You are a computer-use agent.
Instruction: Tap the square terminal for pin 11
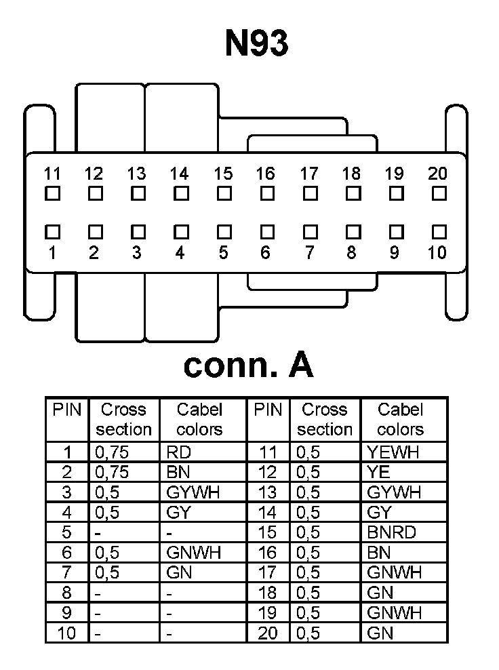(x=52, y=194)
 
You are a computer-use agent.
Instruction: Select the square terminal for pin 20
(x=439, y=194)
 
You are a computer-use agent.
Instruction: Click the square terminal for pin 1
(x=52, y=232)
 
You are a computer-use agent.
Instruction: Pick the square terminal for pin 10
(x=439, y=232)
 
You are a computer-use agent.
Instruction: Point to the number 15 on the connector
(x=223, y=174)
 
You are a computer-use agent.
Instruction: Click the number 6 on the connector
(x=265, y=253)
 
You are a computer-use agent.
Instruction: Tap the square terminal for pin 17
(x=309, y=194)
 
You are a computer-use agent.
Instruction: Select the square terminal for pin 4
(x=180, y=232)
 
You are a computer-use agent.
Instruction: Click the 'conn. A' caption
(x=248, y=365)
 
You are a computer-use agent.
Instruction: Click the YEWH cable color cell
(x=393, y=452)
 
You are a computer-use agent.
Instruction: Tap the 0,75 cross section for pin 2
(x=112, y=472)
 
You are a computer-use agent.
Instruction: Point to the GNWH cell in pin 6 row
(x=193, y=553)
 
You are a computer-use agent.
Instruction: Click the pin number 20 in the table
(x=268, y=633)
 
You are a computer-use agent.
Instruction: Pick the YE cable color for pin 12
(x=378, y=472)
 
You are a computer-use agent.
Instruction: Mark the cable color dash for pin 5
(x=169, y=533)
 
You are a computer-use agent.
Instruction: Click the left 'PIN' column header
(x=66, y=410)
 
